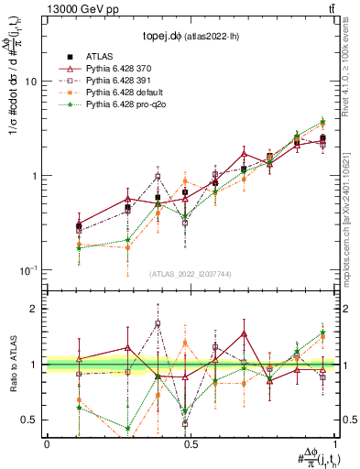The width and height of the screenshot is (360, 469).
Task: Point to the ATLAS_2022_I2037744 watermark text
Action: pos(189,273)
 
